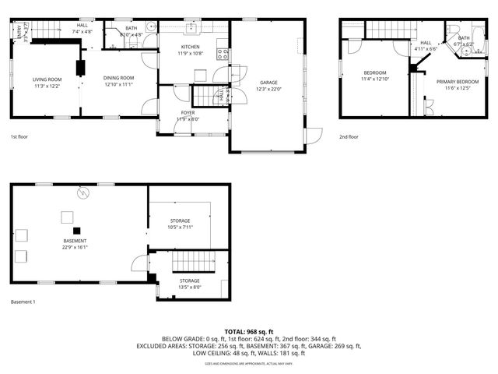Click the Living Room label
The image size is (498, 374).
(x=47, y=79)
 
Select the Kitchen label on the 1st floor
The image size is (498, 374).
(x=191, y=47)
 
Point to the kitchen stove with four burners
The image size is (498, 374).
(x=223, y=55)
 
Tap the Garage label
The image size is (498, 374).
(x=268, y=83)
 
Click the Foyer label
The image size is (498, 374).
(x=188, y=112)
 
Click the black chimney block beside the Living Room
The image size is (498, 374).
(x=80, y=67)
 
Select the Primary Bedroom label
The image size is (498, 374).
(x=457, y=82)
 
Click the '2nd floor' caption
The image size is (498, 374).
(x=349, y=136)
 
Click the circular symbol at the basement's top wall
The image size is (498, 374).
(x=82, y=192)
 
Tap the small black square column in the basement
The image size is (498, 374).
(x=76, y=230)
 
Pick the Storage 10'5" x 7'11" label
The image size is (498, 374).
(x=180, y=225)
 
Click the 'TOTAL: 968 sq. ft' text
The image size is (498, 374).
(x=249, y=331)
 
